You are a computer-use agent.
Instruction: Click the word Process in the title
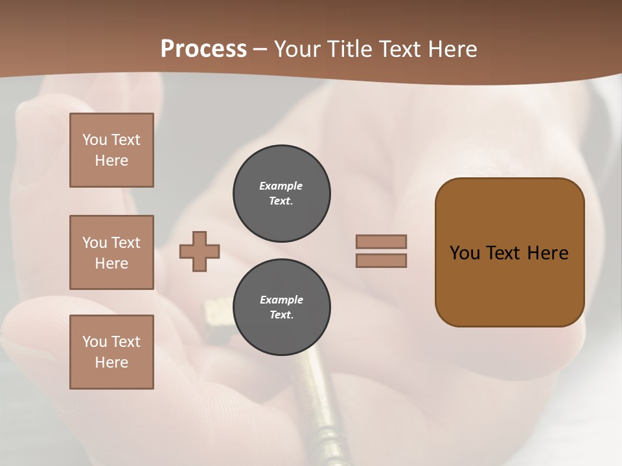203,49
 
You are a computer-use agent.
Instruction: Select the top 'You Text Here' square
111,150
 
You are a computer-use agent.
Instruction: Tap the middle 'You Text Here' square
111,252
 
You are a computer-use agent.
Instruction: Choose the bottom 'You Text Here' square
111,352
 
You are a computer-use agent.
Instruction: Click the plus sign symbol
200,251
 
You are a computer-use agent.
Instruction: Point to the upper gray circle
281,194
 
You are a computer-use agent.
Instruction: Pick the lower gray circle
281,307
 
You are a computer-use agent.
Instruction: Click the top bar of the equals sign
381,241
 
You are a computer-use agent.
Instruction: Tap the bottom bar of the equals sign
381,260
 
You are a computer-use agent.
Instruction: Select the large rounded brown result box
509,252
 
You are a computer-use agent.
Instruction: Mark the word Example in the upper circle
281,186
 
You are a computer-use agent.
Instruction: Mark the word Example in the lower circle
281,300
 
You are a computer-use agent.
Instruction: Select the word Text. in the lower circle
281,315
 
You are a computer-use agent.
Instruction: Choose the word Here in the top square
111,161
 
